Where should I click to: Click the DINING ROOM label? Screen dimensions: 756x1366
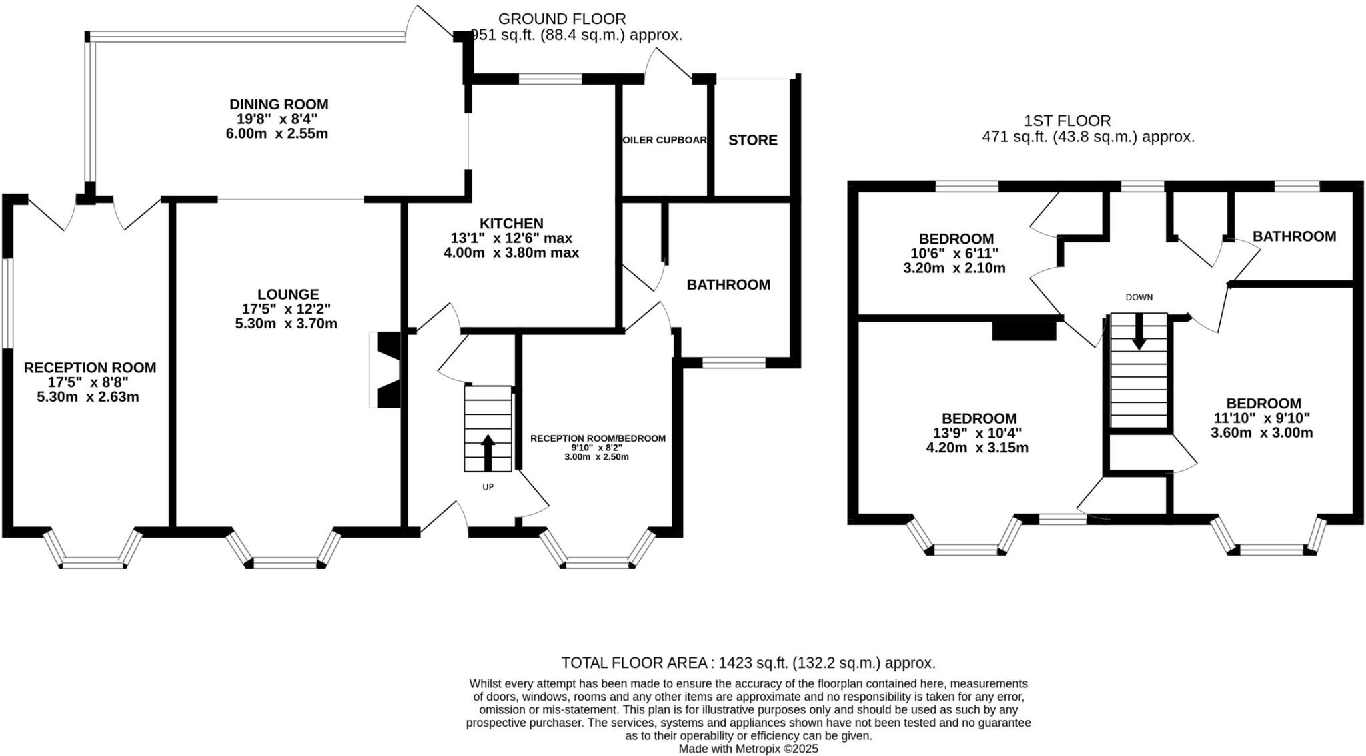pos(279,105)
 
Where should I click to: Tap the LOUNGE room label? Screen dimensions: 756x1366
pos(288,294)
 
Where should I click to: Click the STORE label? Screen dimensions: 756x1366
pos(752,140)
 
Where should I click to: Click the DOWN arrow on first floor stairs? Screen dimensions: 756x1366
pos(1139,332)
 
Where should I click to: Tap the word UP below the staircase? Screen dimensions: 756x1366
pos(488,487)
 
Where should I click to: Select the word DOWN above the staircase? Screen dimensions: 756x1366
pos(1139,298)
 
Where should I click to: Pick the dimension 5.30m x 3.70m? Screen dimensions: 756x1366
pos(286,324)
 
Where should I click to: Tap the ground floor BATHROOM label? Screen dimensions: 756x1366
pos(728,285)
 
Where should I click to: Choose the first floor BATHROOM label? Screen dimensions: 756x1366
pos(1294,236)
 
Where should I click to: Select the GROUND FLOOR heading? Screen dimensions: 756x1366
pos(562,19)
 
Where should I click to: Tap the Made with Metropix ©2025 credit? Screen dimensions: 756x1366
pos(748,749)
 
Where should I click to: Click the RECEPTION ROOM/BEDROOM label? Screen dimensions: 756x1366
pos(598,438)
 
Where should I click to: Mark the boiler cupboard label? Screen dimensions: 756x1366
pos(664,140)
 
